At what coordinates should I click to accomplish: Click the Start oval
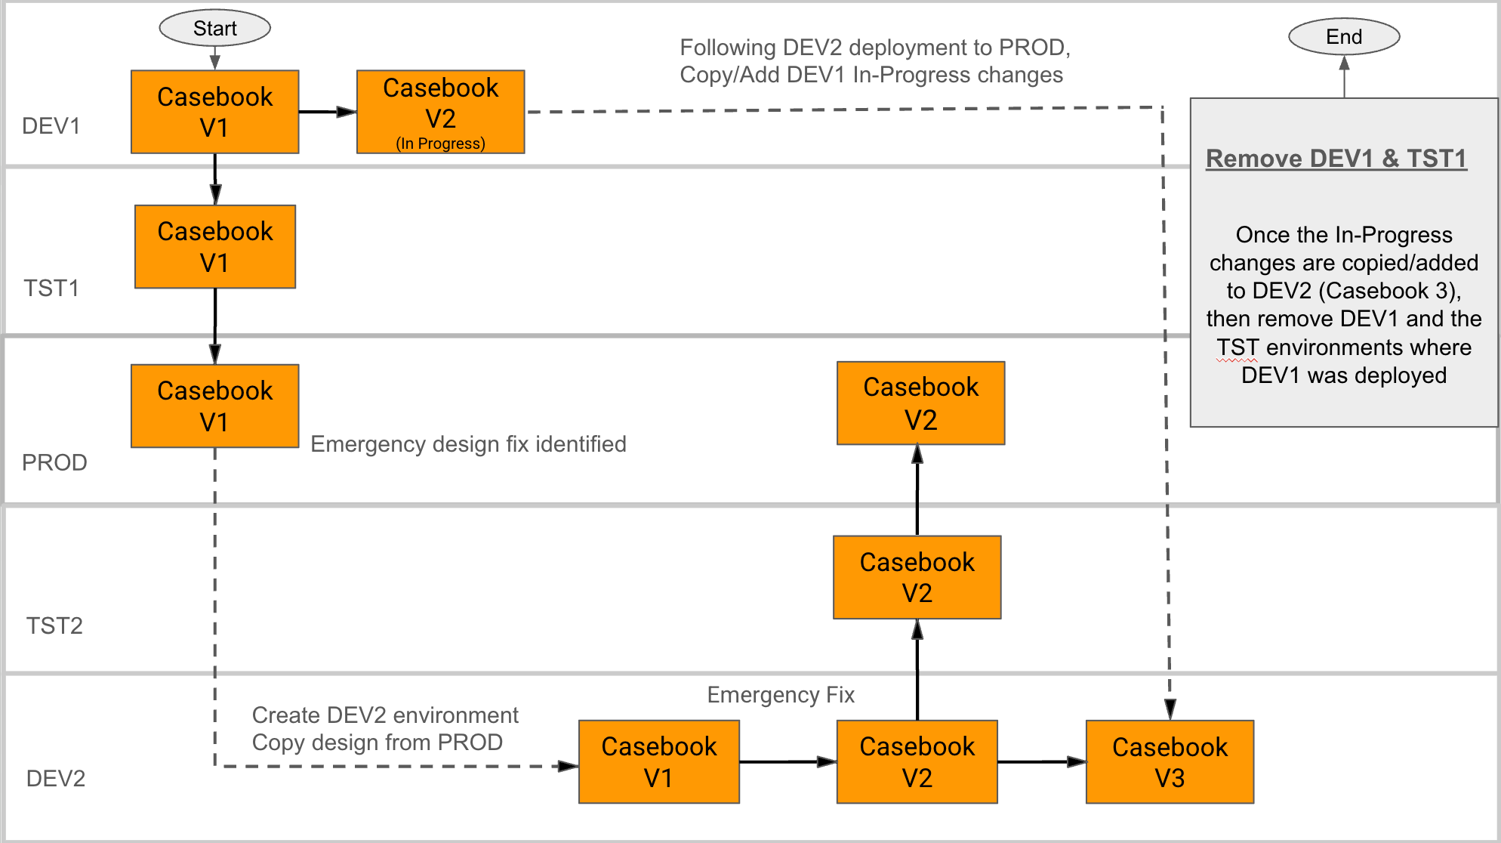215,28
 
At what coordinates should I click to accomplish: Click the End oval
1344,36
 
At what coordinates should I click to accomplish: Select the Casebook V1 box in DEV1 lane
215,112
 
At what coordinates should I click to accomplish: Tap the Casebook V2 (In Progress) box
441,112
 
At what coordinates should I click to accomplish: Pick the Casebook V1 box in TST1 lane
215,246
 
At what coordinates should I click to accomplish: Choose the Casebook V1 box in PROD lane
215,406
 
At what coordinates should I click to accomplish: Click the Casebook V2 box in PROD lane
921,403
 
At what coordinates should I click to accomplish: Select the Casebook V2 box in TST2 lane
917,577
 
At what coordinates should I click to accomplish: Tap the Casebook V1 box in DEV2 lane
659,761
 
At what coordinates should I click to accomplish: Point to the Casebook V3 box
1170,761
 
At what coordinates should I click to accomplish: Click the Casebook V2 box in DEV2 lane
917,761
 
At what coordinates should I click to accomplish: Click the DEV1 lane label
51,125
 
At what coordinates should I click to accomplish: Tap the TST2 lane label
54,625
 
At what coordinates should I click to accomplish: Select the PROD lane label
54,462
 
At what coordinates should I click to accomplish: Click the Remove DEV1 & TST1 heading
1336,159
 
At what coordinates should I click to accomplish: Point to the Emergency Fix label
781,695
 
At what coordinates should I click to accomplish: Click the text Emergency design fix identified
468,444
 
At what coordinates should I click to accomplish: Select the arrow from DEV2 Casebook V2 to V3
1042,761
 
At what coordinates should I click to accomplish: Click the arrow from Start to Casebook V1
215,58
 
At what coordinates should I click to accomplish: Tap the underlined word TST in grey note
1237,347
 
